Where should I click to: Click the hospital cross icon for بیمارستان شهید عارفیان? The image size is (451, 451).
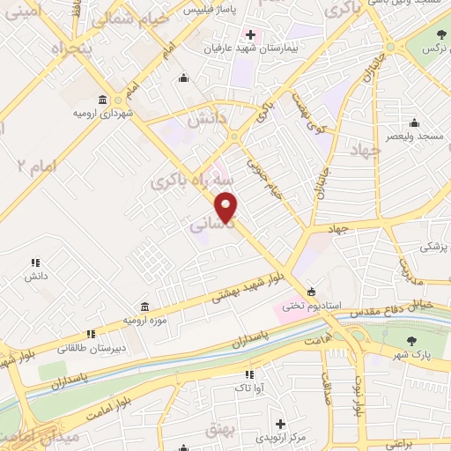(x=251, y=35)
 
